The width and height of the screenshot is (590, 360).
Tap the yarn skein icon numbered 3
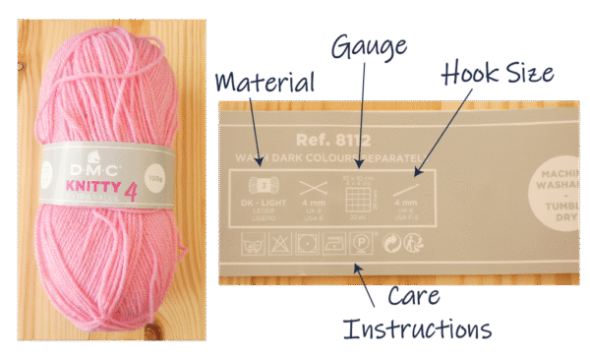[x=261, y=185]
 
